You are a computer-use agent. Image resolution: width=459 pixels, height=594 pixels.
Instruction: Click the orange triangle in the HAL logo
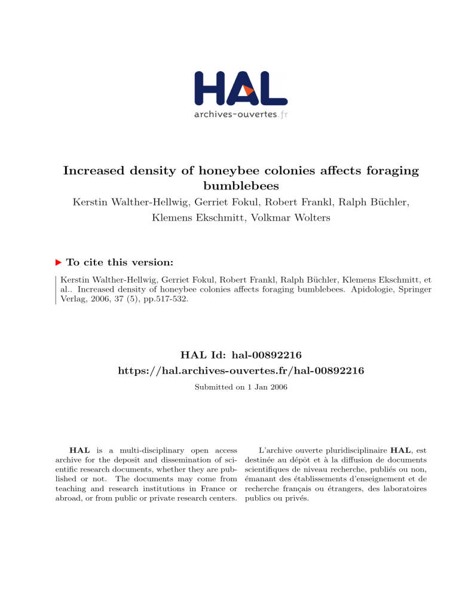click(x=249, y=90)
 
